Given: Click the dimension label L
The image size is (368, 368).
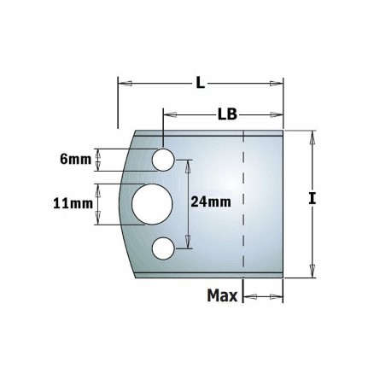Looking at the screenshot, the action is [x=201, y=84].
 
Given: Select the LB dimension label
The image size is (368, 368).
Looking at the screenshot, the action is [x=227, y=114].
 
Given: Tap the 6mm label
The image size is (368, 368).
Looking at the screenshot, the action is [x=75, y=160].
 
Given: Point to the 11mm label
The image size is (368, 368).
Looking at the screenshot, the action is [x=73, y=204].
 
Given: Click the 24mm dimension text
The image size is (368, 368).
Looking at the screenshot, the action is [x=211, y=202].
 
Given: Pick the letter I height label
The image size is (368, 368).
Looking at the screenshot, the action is [x=313, y=198].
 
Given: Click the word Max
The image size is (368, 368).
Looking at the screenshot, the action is [x=222, y=295].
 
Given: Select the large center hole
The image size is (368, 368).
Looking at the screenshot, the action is [x=152, y=204].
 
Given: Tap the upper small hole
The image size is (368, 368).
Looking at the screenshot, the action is [x=163, y=160].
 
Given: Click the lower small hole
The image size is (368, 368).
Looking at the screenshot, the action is [x=163, y=248].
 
